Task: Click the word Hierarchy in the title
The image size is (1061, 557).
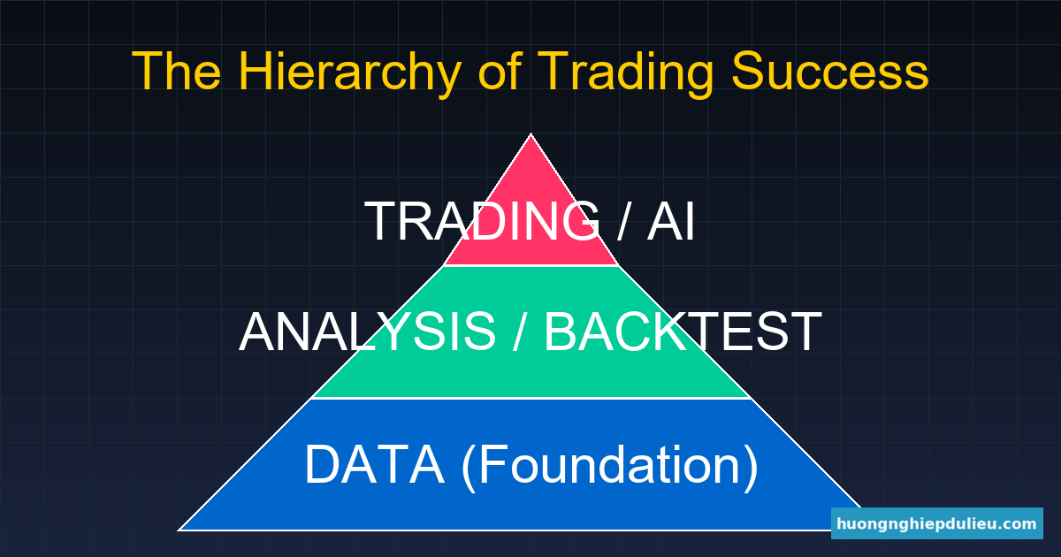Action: point(349,71)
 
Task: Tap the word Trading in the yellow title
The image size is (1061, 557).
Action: point(626,71)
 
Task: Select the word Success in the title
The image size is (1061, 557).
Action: point(830,71)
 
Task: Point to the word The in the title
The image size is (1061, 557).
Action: point(176,70)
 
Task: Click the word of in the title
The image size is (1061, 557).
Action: point(500,70)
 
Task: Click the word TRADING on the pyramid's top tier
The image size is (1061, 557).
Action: point(482,221)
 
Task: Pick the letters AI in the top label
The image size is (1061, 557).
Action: point(671,221)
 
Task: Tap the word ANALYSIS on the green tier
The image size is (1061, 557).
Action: point(368,332)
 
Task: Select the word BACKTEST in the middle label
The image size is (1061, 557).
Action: point(683,332)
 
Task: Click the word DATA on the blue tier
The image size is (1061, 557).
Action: point(374,464)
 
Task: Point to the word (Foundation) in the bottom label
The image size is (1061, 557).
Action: point(609,466)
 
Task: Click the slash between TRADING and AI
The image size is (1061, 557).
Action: point(624,221)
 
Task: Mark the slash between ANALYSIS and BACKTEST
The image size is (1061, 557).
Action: point(520,332)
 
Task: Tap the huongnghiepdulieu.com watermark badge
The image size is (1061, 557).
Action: point(937,523)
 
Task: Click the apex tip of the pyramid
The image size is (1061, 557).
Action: point(530,134)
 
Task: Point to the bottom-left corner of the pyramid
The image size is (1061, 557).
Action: point(179,530)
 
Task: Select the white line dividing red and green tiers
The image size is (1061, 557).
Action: point(531,266)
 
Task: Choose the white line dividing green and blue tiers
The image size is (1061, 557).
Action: point(531,399)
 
